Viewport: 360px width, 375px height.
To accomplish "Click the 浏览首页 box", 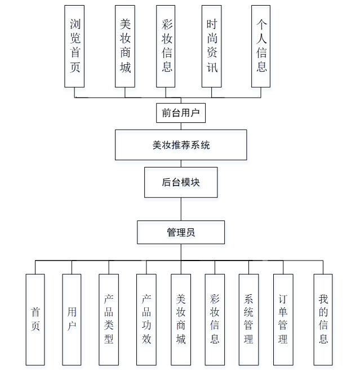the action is [74, 46].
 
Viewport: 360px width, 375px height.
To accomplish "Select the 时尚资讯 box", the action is [211, 46].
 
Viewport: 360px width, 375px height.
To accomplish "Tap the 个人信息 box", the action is [261, 46].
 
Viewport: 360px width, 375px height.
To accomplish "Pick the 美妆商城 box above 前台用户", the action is [125, 46].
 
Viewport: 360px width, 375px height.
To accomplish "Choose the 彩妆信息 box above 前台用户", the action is [166, 46].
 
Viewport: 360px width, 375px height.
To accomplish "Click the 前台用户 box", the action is [181, 113].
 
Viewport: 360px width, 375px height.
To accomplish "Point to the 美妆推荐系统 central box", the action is [181, 145].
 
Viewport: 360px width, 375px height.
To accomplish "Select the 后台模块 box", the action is [181, 182].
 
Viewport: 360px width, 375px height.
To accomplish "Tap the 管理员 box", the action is [181, 232].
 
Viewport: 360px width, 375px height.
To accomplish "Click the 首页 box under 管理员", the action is [35, 319].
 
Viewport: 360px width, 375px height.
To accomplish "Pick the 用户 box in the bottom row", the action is [72, 319].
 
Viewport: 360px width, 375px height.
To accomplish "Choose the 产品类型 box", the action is [109, 319].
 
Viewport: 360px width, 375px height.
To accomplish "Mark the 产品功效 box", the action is [146, 319].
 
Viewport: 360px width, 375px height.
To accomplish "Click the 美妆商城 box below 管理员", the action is [181, 319].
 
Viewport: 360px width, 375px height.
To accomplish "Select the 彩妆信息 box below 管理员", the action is [215, 319].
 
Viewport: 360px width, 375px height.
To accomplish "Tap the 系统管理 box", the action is [248, 319].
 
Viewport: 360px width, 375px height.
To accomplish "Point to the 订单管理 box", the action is [283, 319].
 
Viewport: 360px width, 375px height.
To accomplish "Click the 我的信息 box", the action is [323, 319].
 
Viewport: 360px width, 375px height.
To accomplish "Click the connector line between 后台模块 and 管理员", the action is [181, 209].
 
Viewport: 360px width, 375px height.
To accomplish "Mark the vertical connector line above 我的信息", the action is [323, 267].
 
